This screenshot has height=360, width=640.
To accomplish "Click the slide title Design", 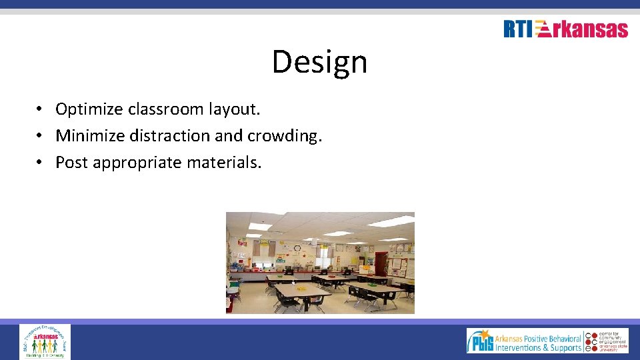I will point(319,62).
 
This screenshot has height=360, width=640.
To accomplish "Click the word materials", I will point(226,162).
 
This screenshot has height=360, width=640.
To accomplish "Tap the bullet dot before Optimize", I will point(40,109).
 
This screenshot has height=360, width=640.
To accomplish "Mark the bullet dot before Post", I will point(40,162).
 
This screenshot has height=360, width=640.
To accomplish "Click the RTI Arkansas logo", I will point(565,29).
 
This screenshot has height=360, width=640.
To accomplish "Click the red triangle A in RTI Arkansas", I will point(543,29).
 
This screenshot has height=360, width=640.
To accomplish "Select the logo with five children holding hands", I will point(45,342).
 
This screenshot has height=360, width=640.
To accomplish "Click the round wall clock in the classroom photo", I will point(296,247).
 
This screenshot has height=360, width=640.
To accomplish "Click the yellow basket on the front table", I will point(301,288).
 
